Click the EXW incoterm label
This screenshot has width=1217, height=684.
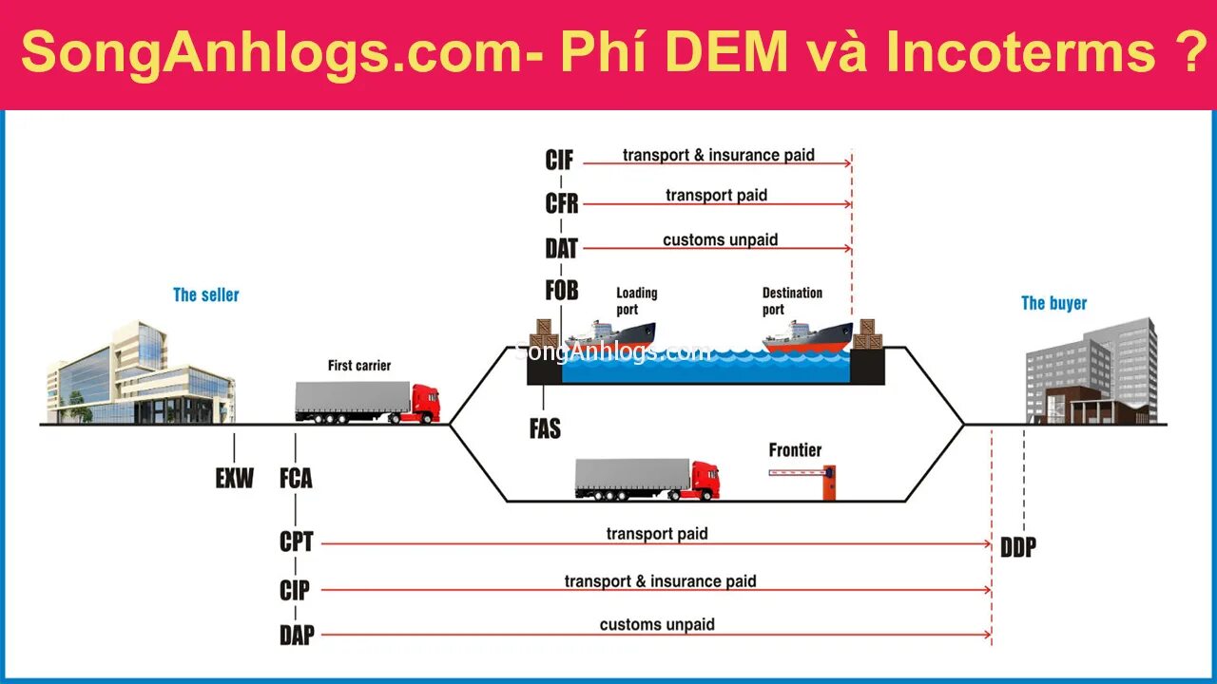pos(234,478)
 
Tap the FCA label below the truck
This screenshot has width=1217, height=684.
pos(296,478)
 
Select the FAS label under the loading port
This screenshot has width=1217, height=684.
pos(545,429)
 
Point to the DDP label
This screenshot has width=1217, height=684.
pos(1017,547)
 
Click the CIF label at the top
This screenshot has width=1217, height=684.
pos(559,161)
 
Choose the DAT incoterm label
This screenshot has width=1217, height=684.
pos(561,249)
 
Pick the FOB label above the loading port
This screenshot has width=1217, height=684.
pos(561,291)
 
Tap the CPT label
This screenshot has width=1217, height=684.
pos(296,541)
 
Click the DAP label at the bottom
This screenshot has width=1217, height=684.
pos(297,636)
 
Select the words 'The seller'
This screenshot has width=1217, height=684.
pos(206,294)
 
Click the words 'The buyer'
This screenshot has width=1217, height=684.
pos(1053,303)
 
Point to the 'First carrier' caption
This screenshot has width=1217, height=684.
pos(359,365)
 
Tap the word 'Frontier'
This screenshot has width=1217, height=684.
pos(795,450)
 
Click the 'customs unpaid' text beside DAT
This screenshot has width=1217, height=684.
pos(720,239)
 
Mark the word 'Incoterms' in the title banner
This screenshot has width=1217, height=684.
pos(1020,53)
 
